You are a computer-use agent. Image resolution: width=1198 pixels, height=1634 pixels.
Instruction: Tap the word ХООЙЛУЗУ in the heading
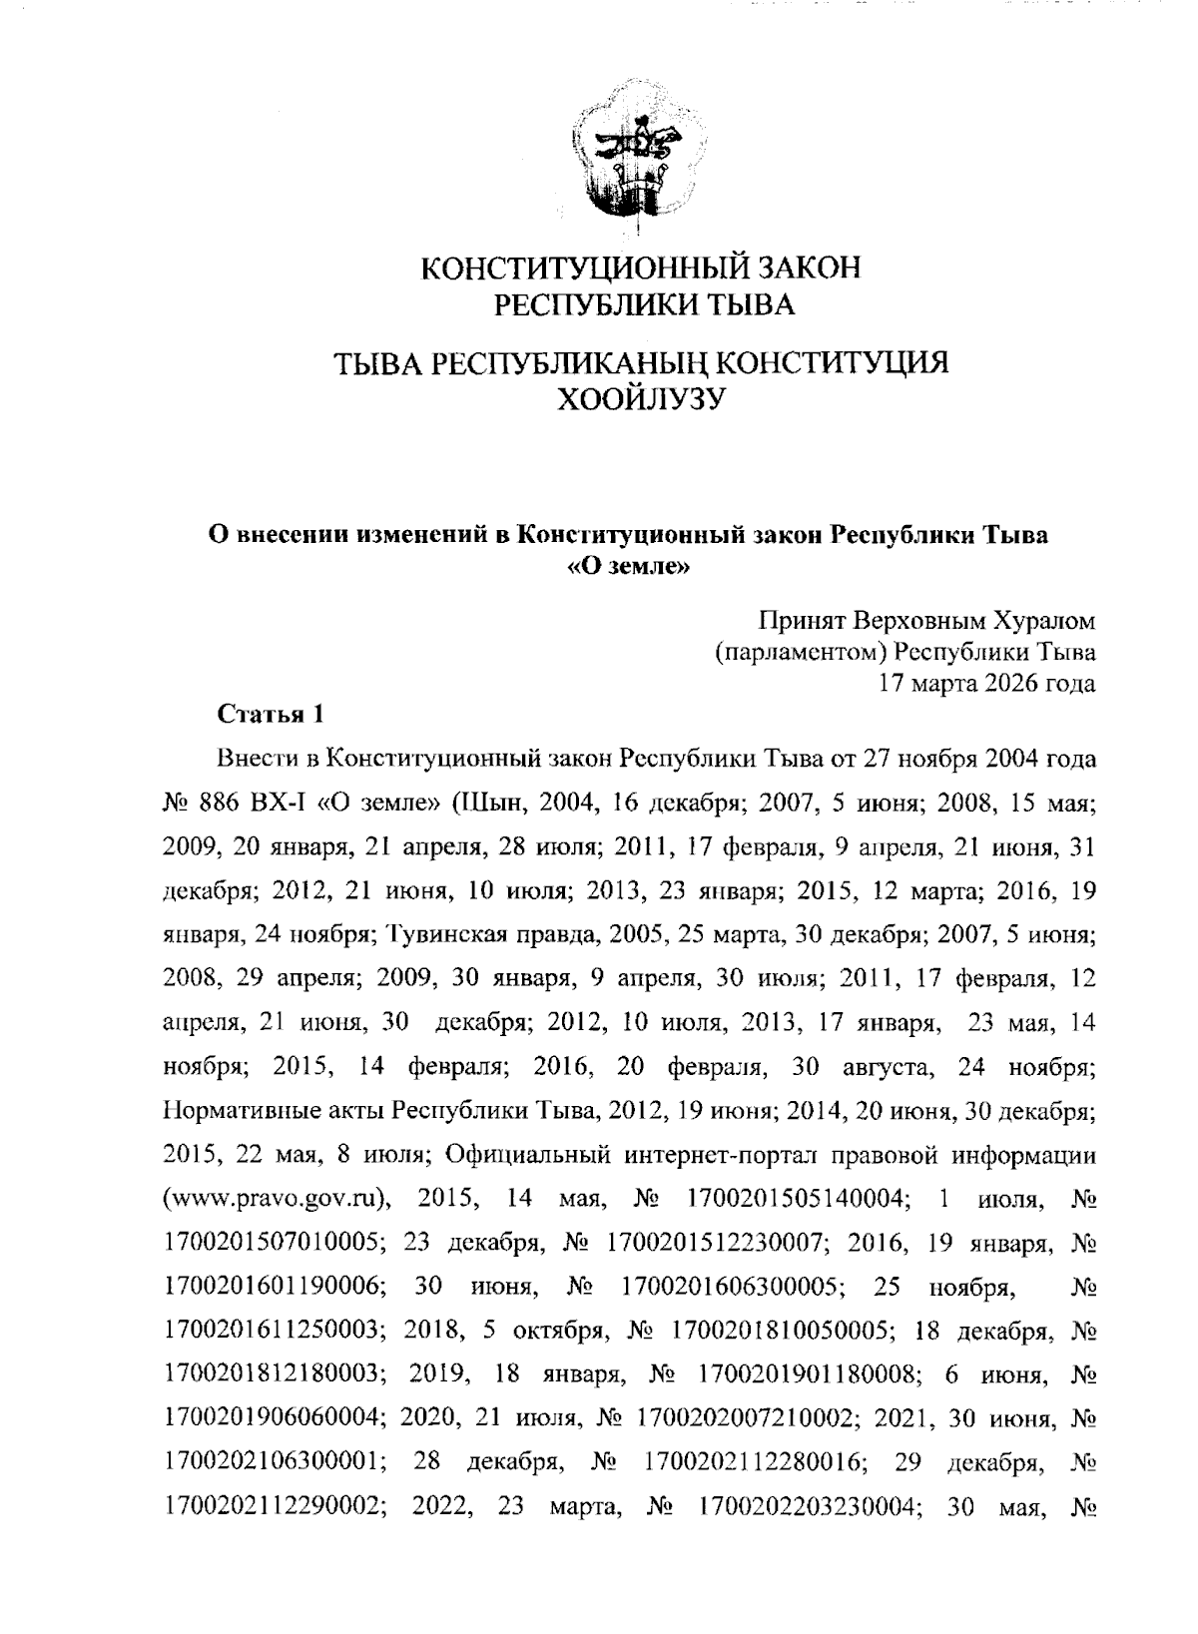click(638, 399)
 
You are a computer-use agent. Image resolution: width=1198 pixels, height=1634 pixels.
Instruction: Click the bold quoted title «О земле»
click(629, 568)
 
